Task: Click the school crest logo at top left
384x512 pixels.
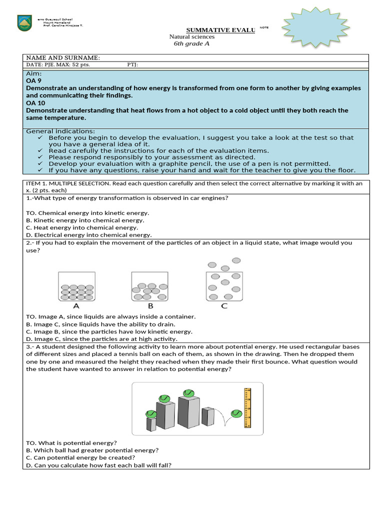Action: click(24, 23)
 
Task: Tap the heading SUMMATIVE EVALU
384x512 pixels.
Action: click(220, 30)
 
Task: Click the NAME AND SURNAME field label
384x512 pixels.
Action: click(63, 58)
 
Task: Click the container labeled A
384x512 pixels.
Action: click(76, 286)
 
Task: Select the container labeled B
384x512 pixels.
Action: click(149, 286)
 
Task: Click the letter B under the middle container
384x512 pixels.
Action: click(150, 305)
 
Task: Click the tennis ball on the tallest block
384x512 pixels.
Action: click(188, 392)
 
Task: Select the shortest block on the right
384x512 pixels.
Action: click(208, 416)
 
